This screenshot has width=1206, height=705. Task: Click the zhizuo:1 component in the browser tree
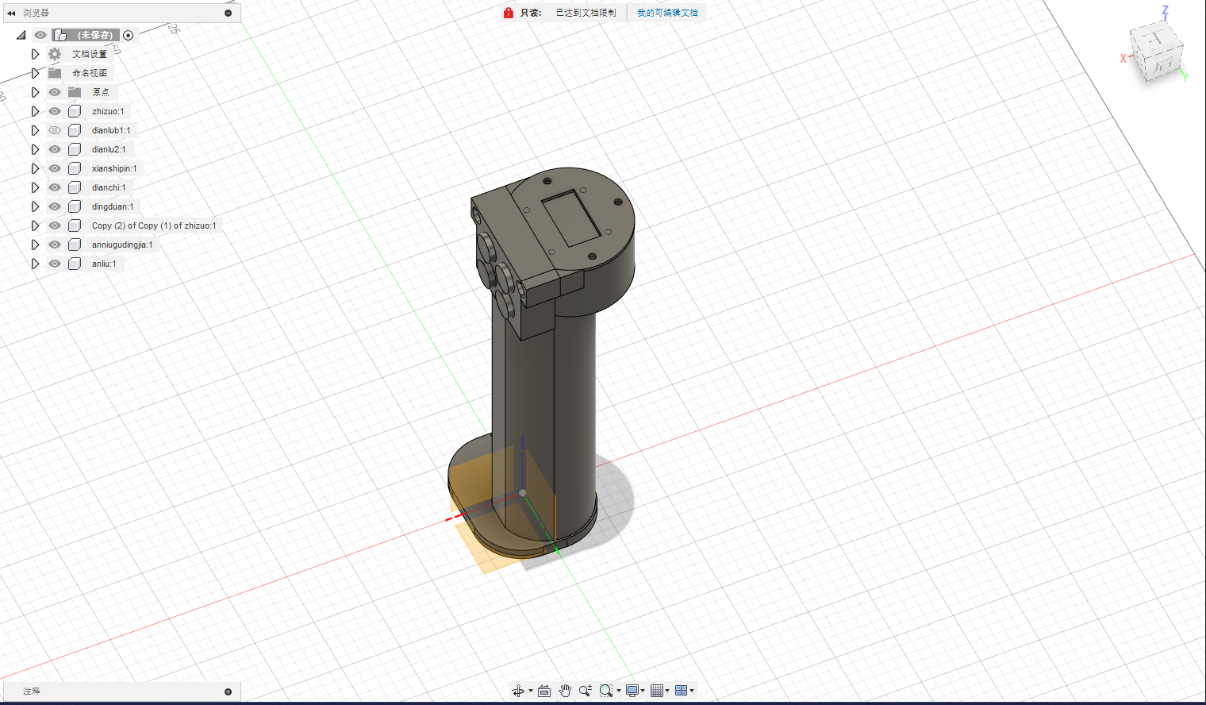(108, 111)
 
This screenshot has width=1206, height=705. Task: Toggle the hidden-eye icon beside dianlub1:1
(55, 130)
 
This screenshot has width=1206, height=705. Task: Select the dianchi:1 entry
(108, 187)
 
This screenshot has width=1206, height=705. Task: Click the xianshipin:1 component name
(114, 168)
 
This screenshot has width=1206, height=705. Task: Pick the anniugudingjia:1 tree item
(122, 245)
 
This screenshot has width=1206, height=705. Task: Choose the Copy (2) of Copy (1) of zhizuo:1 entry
(154, 225)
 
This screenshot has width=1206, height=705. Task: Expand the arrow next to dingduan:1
(35, 206)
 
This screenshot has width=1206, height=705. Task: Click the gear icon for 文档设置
(55, 54)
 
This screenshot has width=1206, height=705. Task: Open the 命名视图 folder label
(90, 73)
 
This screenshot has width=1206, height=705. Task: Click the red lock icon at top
(509, 13)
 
